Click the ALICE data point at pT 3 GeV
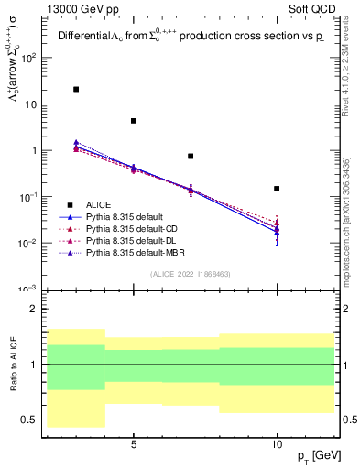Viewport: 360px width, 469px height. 76,89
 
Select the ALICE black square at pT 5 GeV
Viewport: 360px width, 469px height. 134,121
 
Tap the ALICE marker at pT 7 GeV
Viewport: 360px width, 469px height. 191,157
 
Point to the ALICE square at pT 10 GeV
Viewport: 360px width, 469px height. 277,189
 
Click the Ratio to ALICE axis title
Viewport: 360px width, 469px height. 13,364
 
